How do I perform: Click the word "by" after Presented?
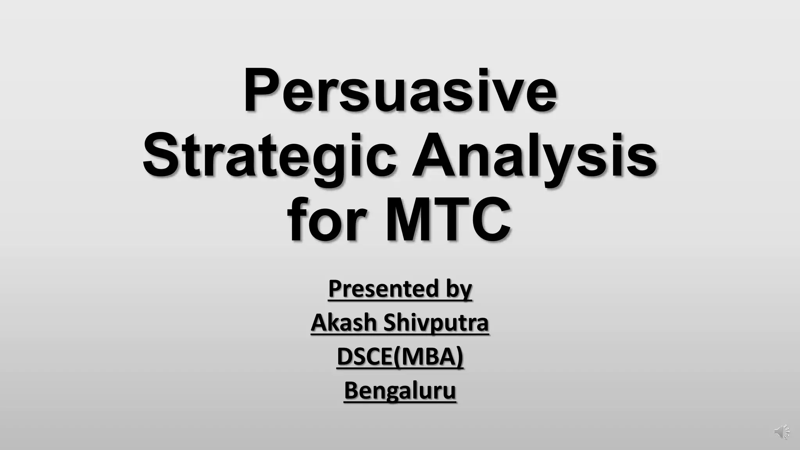pos(459,289)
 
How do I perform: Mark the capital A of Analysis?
pos(433,155)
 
